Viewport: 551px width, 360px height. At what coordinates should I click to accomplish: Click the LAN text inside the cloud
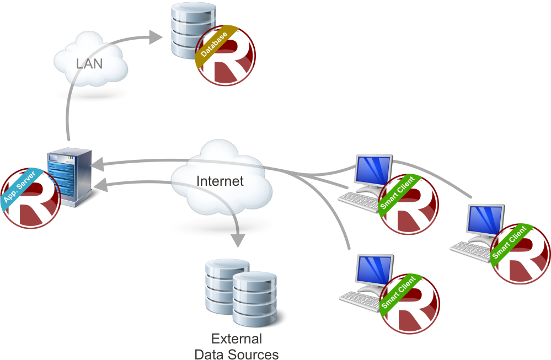tap(89, 63)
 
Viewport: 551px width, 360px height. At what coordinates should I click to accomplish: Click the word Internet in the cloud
tap(220, 181)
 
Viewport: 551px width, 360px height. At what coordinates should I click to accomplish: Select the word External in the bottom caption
tap(237, 338)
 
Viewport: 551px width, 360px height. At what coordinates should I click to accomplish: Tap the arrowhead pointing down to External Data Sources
tap(238, 240)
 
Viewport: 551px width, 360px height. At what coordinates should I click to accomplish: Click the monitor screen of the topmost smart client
tap(373, 171)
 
